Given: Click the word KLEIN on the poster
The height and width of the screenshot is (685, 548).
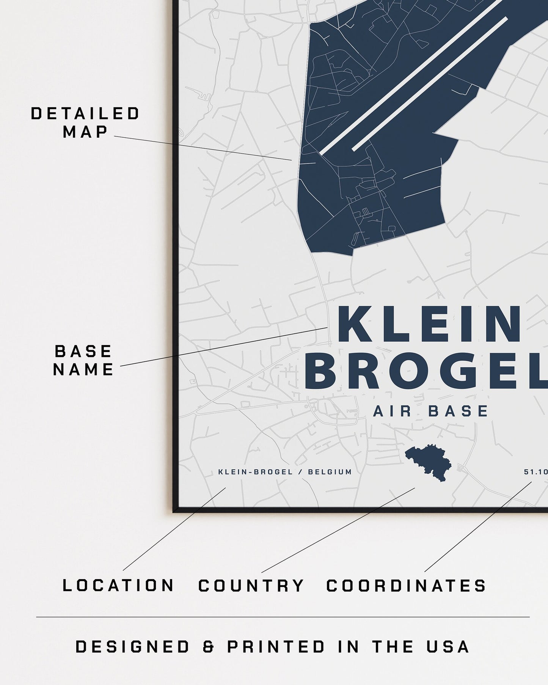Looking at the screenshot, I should coord(429,325).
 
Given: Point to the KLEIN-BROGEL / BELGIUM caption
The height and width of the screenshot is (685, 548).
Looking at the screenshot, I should coord(285,472).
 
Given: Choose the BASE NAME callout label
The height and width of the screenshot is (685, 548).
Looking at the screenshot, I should coord(83,360).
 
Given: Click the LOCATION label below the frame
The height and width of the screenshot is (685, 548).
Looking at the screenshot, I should coord(118,586).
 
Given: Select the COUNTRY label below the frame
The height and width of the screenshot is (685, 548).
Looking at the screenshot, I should coord(251,586).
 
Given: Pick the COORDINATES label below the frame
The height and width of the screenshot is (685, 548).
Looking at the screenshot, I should coord(406,586).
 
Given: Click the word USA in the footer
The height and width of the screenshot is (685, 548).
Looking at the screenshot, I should coord(449,647).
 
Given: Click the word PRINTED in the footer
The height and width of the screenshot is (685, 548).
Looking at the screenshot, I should coord(276,647).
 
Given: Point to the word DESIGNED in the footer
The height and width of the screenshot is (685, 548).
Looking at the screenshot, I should coord(132,647).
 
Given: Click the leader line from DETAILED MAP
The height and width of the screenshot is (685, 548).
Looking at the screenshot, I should coord(203,148).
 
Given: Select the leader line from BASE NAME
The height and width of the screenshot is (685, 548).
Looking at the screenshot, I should coord(224,347).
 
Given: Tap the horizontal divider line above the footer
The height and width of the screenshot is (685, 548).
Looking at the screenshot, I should coord(283,617).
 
